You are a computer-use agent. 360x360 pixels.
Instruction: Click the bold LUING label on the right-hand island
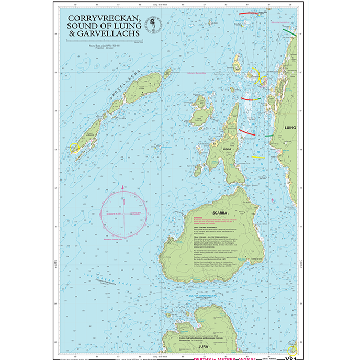[289, 127]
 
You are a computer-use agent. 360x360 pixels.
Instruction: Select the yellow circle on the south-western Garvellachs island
[74, 148]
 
